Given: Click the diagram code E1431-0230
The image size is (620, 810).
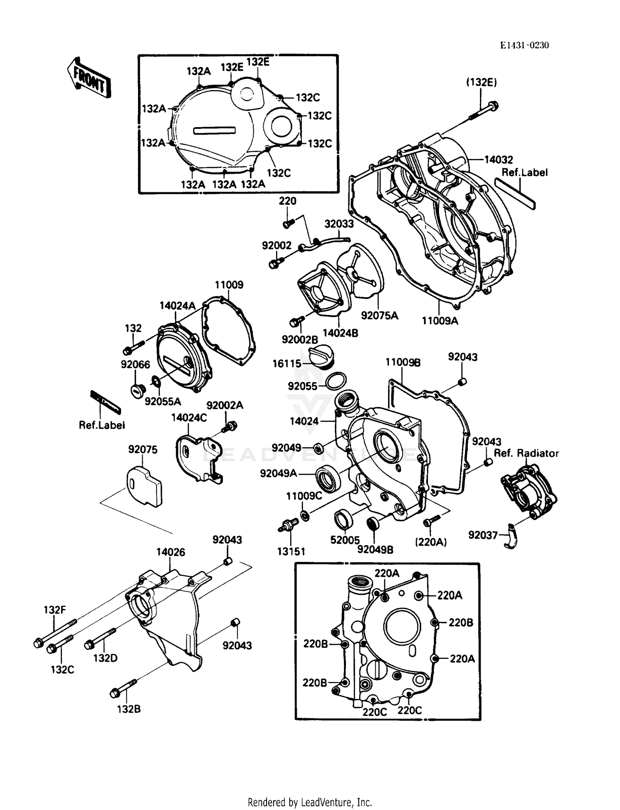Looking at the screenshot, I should click(x=525, y=45).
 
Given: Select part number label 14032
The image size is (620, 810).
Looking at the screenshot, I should click(x=498, y=160).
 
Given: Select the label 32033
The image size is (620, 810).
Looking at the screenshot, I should click(x=339, y=224).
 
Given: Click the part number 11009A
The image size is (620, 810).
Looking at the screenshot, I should click(x=440, y=321).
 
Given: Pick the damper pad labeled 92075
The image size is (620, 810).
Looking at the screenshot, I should click(x=144, y=486).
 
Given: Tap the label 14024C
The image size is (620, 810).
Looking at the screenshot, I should click(x=189, y=418).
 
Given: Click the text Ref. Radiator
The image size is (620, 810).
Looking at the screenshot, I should click(x=526, y=453).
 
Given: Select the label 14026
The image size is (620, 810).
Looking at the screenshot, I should click(x=170, y=552).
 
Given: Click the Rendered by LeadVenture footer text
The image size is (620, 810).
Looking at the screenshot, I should click(x=310, y=802).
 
